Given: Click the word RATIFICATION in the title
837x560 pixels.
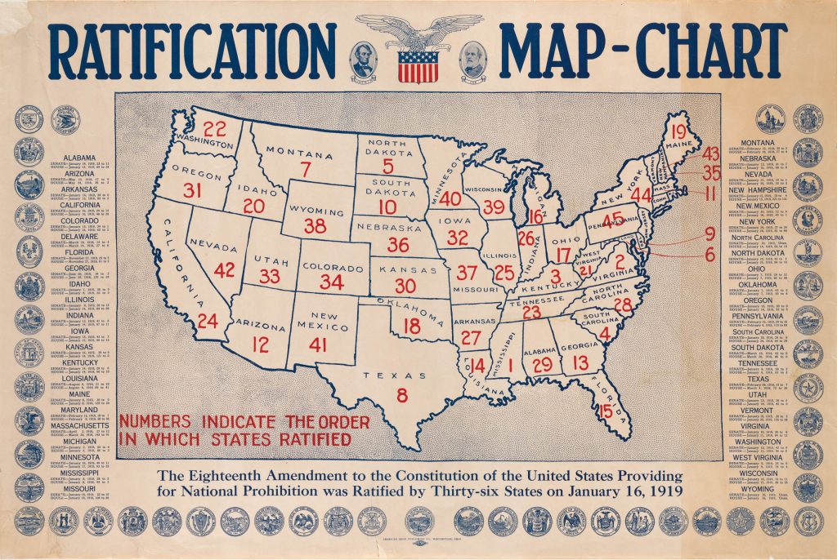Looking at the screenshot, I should point(193,51).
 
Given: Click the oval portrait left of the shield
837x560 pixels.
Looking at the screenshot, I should point(362,59).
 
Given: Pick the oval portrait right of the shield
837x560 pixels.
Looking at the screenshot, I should point(473,59).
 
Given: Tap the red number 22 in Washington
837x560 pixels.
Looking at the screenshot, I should point(215,128).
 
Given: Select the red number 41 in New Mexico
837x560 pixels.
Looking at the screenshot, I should point(318,344).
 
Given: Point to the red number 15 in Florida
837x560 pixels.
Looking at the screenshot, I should point(606,411).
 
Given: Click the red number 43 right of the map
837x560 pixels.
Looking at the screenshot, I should point(710,153).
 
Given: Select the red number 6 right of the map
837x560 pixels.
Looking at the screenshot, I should point(709,254).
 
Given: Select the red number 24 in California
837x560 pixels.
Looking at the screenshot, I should point(208,321).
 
